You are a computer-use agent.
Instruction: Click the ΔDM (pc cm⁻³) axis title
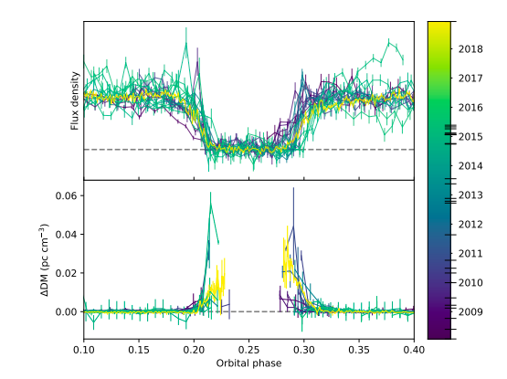point(45,259)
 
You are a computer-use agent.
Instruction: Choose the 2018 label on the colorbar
point(471,47)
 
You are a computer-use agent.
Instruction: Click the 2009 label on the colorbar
point(471,311)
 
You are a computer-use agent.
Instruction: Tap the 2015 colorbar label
point(471,136)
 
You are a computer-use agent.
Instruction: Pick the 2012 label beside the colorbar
point(471,224)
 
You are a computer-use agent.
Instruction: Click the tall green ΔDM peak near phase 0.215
point(210,205)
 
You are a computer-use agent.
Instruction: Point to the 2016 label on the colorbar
point(471,107)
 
